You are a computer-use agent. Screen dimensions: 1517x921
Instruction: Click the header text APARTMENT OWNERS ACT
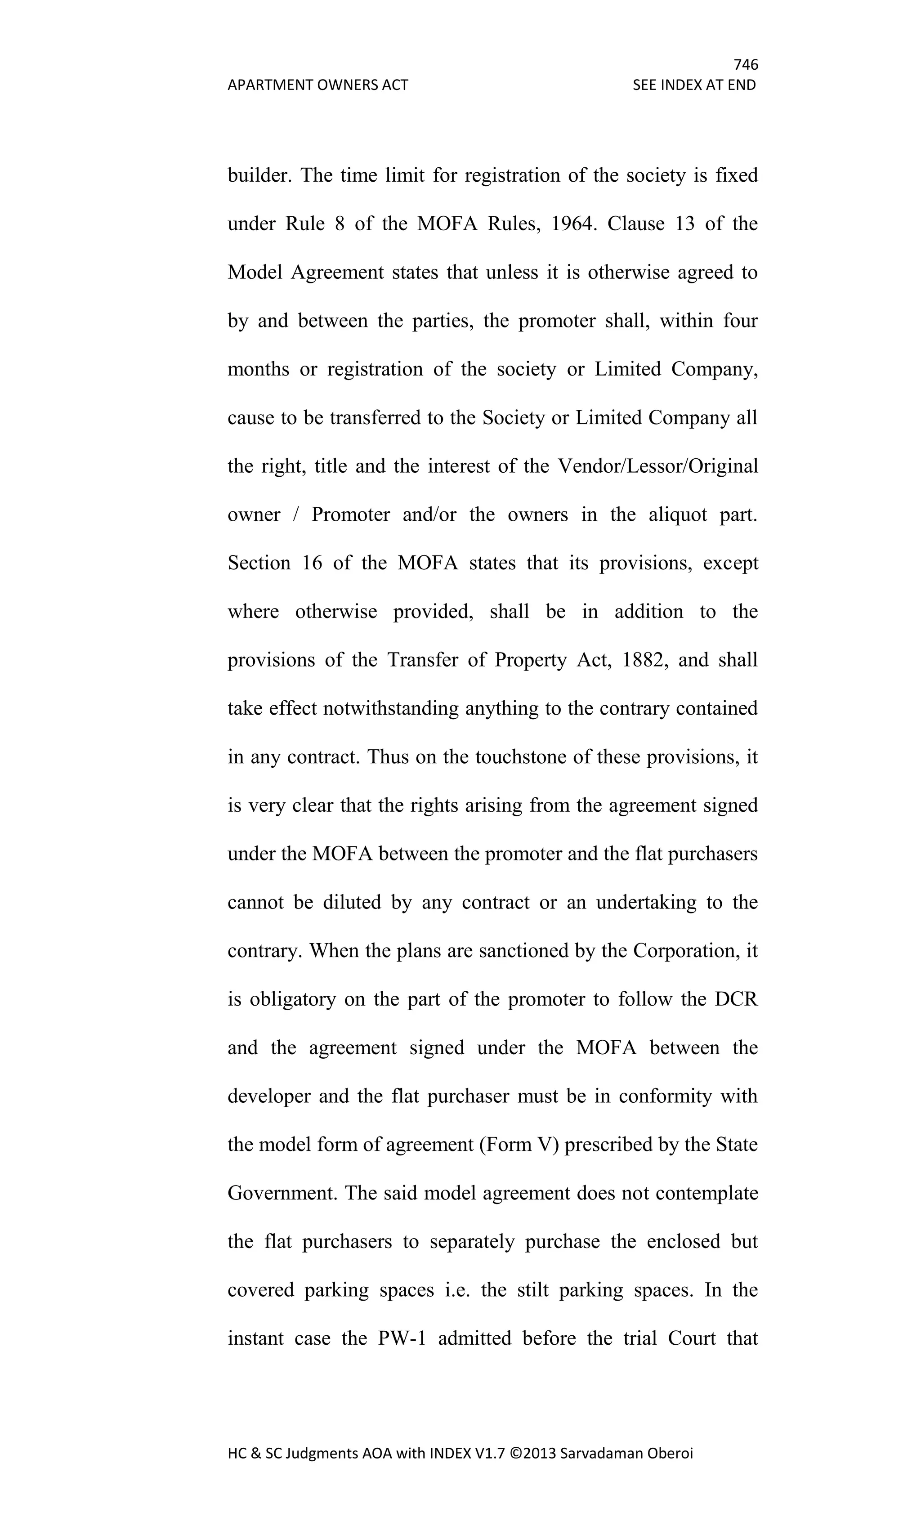317,85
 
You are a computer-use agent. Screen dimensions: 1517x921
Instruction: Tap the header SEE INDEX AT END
694,85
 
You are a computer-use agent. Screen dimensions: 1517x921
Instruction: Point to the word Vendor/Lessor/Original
657,466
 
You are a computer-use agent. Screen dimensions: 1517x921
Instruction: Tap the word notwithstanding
390,709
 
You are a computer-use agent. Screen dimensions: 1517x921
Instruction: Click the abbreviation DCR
736,999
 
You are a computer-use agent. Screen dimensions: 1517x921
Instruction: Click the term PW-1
402,1338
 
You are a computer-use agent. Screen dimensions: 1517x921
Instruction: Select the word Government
282,1193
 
